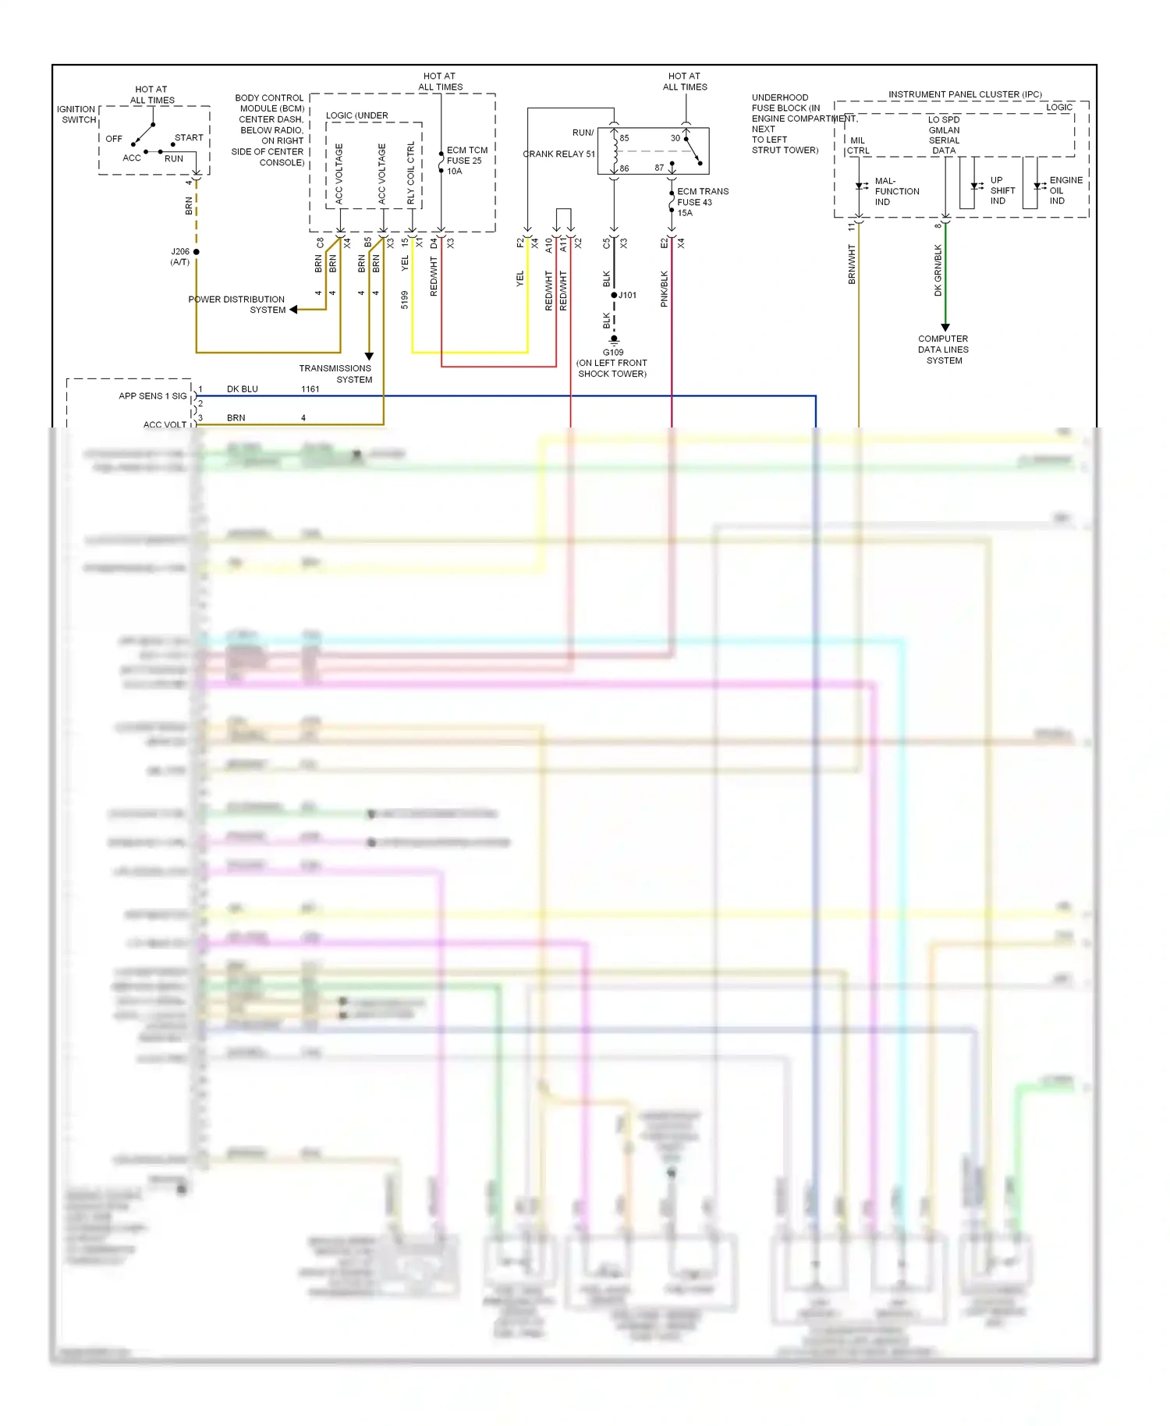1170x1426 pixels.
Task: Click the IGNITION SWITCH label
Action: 76,115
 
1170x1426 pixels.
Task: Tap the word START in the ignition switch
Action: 189,137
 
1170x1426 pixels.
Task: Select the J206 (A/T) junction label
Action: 180,257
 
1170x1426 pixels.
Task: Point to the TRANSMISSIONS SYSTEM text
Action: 335,374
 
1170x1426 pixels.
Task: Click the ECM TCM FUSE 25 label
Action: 466,161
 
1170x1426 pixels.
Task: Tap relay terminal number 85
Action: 624,138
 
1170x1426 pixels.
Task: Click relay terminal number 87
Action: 659,168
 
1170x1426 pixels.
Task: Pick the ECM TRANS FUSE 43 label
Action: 701,201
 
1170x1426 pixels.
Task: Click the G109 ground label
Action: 613,353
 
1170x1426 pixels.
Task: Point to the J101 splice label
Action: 628,295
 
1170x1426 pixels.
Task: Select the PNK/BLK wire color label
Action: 665,289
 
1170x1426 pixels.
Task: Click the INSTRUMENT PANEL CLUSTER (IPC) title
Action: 965,94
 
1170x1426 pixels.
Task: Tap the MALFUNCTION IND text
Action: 896,191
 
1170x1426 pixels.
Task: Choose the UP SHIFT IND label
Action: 1002,190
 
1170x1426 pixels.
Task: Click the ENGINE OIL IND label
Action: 1065,190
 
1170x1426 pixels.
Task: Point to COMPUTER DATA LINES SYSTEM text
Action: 943,349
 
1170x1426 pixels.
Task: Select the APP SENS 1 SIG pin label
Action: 152,396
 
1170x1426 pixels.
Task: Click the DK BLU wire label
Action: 242,388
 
